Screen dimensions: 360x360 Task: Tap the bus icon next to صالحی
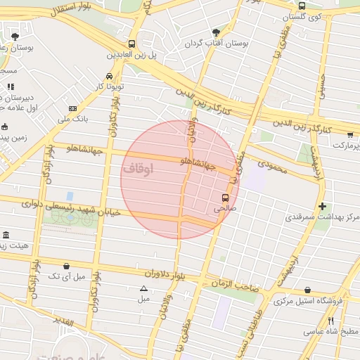(x=226, y=198)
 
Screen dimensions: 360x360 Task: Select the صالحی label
(x=226, y=209)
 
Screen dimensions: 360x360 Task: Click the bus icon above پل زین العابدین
(x=133, y=43)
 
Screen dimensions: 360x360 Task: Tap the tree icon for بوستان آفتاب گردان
(x=216, y=32)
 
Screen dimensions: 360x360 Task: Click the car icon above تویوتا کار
(x=109, y=76)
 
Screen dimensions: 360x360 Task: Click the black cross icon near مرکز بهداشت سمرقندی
(x=322, y=206)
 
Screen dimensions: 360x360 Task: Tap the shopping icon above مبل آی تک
(x=66, y=266)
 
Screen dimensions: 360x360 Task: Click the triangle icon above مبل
(x=144, y=288)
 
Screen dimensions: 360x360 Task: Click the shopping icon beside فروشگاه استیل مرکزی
(x=307, y=290)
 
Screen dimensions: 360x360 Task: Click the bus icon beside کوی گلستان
(x=302, y=6)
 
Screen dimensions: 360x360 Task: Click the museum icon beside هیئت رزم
(x=6, y=234)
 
